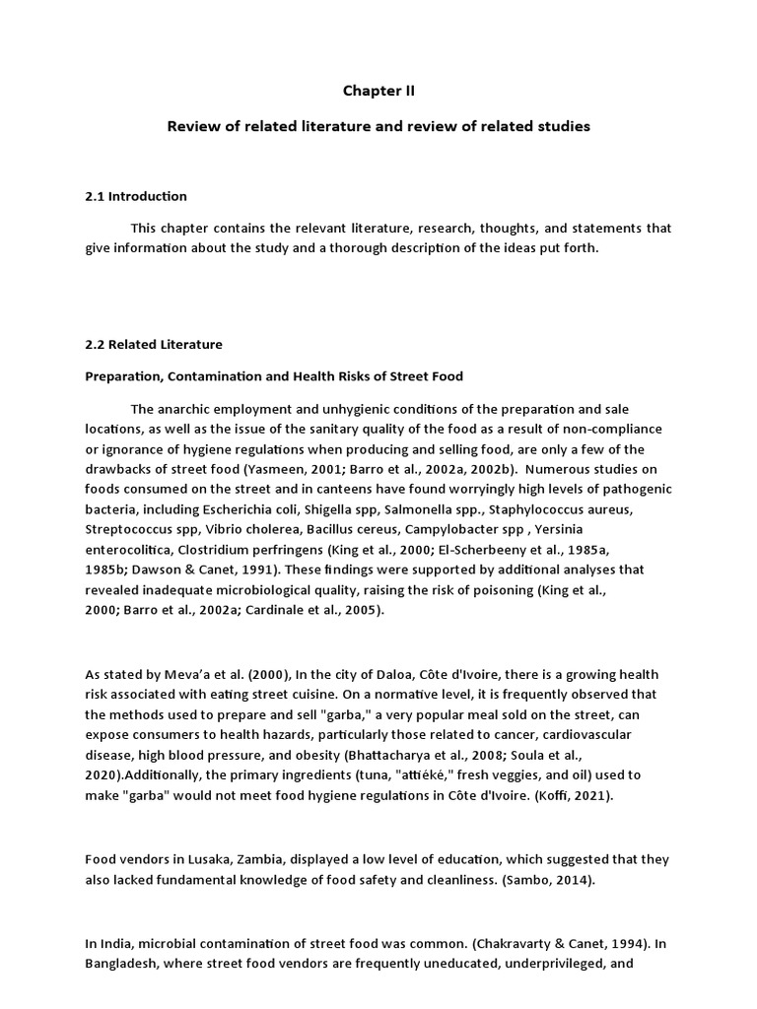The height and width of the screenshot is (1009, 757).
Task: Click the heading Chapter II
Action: click(378, 91)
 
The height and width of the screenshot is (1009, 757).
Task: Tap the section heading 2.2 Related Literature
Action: click(154, 344)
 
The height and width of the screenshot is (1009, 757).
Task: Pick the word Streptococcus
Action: click(130, 533)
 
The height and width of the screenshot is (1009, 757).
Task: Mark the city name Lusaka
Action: click(192, 860)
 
